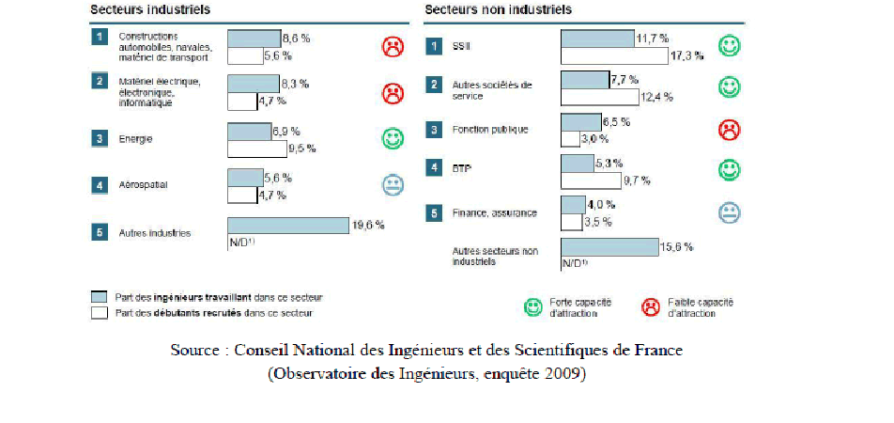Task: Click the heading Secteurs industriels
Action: (x=149, y=10)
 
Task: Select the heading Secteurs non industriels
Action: (x=498, y=10)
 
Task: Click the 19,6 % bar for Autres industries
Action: (x=288, y=226)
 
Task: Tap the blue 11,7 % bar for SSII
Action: (x=597, y=39)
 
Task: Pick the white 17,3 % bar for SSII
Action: (x=614, y=55)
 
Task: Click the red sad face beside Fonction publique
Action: (x=729, y=130)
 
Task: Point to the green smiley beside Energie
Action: (x=393, y=139)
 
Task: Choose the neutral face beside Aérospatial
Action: (x=393, y=185)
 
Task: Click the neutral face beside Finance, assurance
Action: (x=729, y=212)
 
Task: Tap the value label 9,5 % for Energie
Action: (x=303, y=148)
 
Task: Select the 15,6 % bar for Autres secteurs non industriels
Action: (x=609, y=247)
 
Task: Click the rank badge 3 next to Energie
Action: (x=99, y=139)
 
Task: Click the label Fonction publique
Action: (x=490, y=130)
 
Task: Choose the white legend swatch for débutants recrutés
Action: (x=99, y=313)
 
